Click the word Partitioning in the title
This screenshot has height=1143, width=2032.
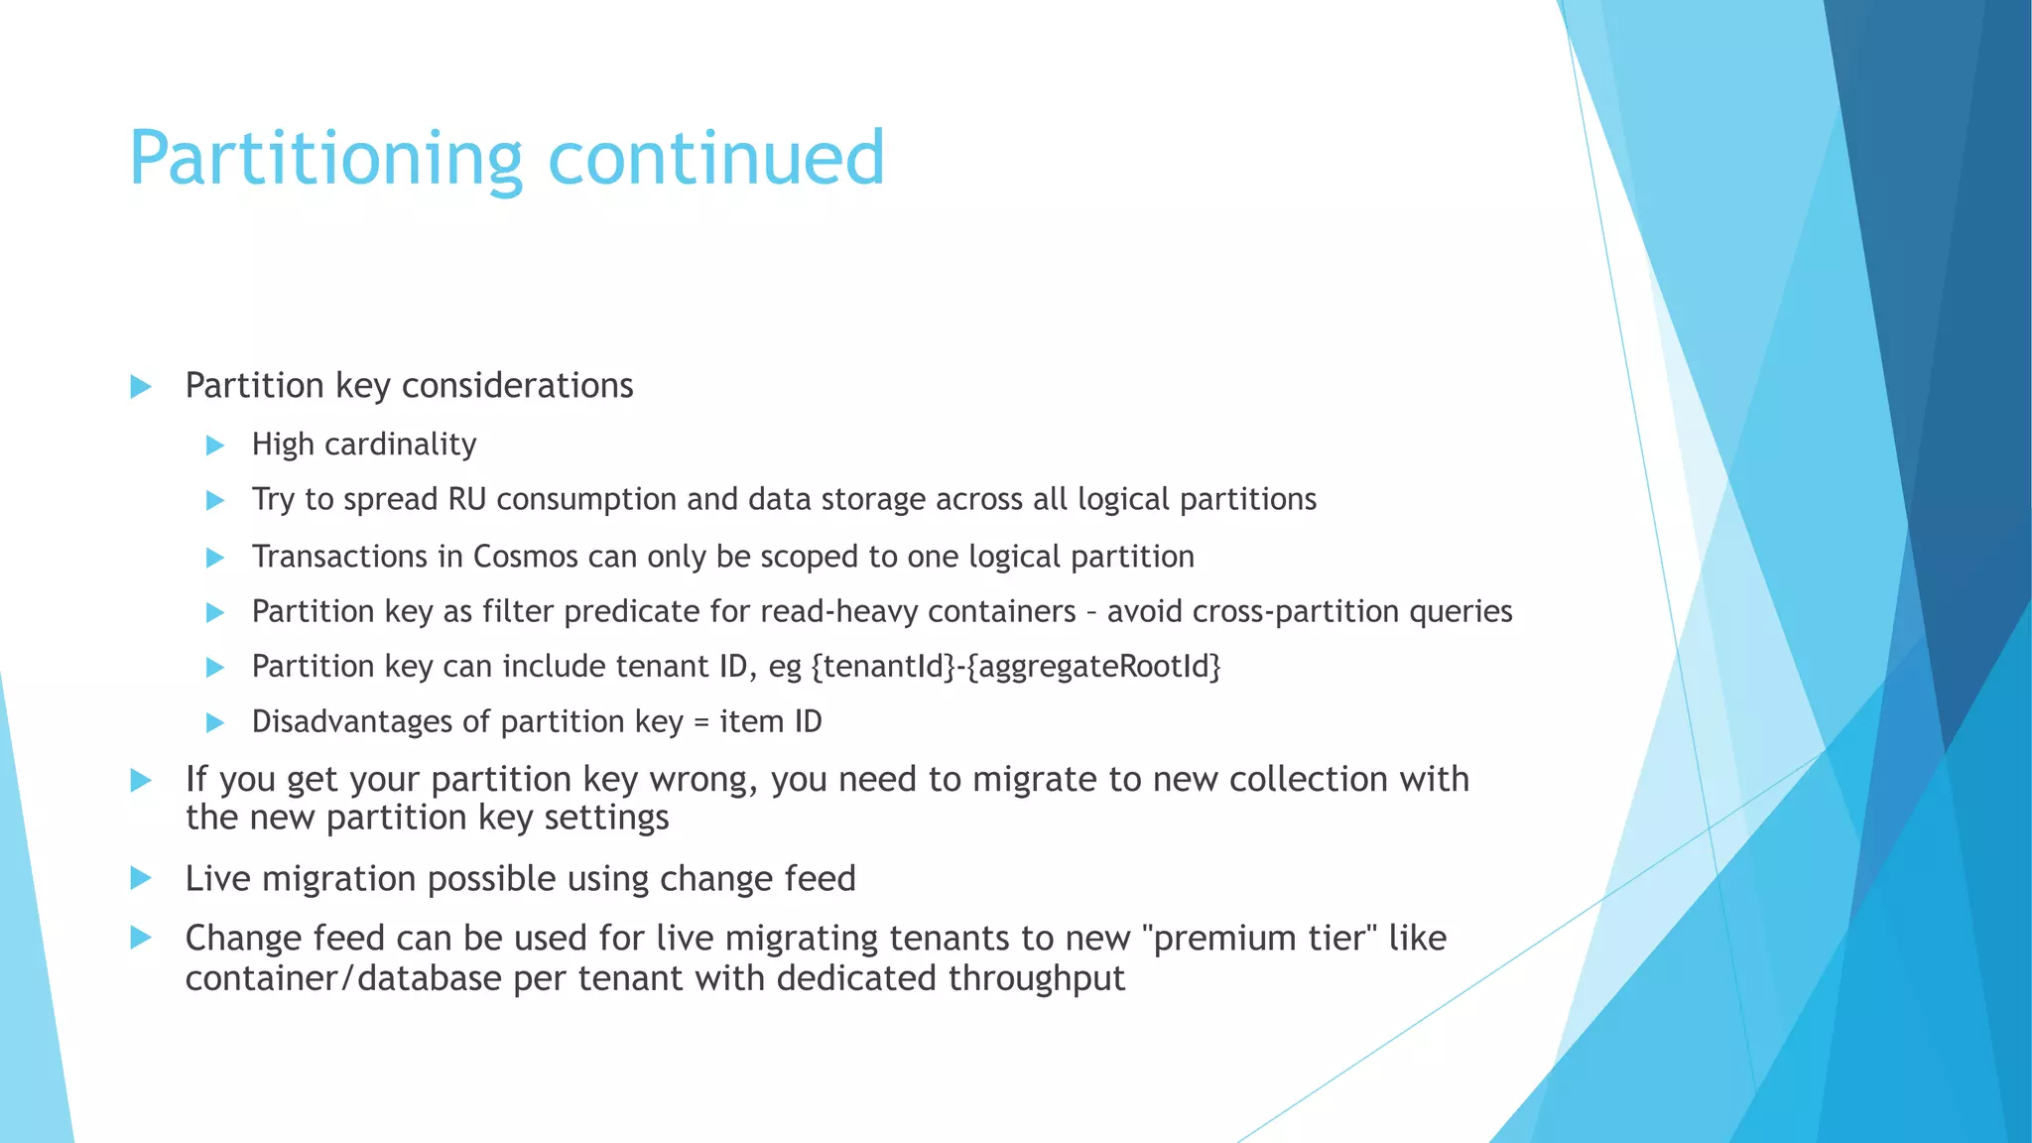(325, 159)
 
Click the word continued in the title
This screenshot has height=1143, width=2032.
(715, 159)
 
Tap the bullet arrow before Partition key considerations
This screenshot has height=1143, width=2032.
(141, 387)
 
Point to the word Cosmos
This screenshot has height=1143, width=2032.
(525, 557)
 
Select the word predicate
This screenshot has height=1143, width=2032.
(631, 612)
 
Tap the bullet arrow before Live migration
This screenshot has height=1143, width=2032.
(141, 878)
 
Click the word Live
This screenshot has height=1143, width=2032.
(216, 879)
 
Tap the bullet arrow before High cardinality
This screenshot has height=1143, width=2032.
(215, 445)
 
